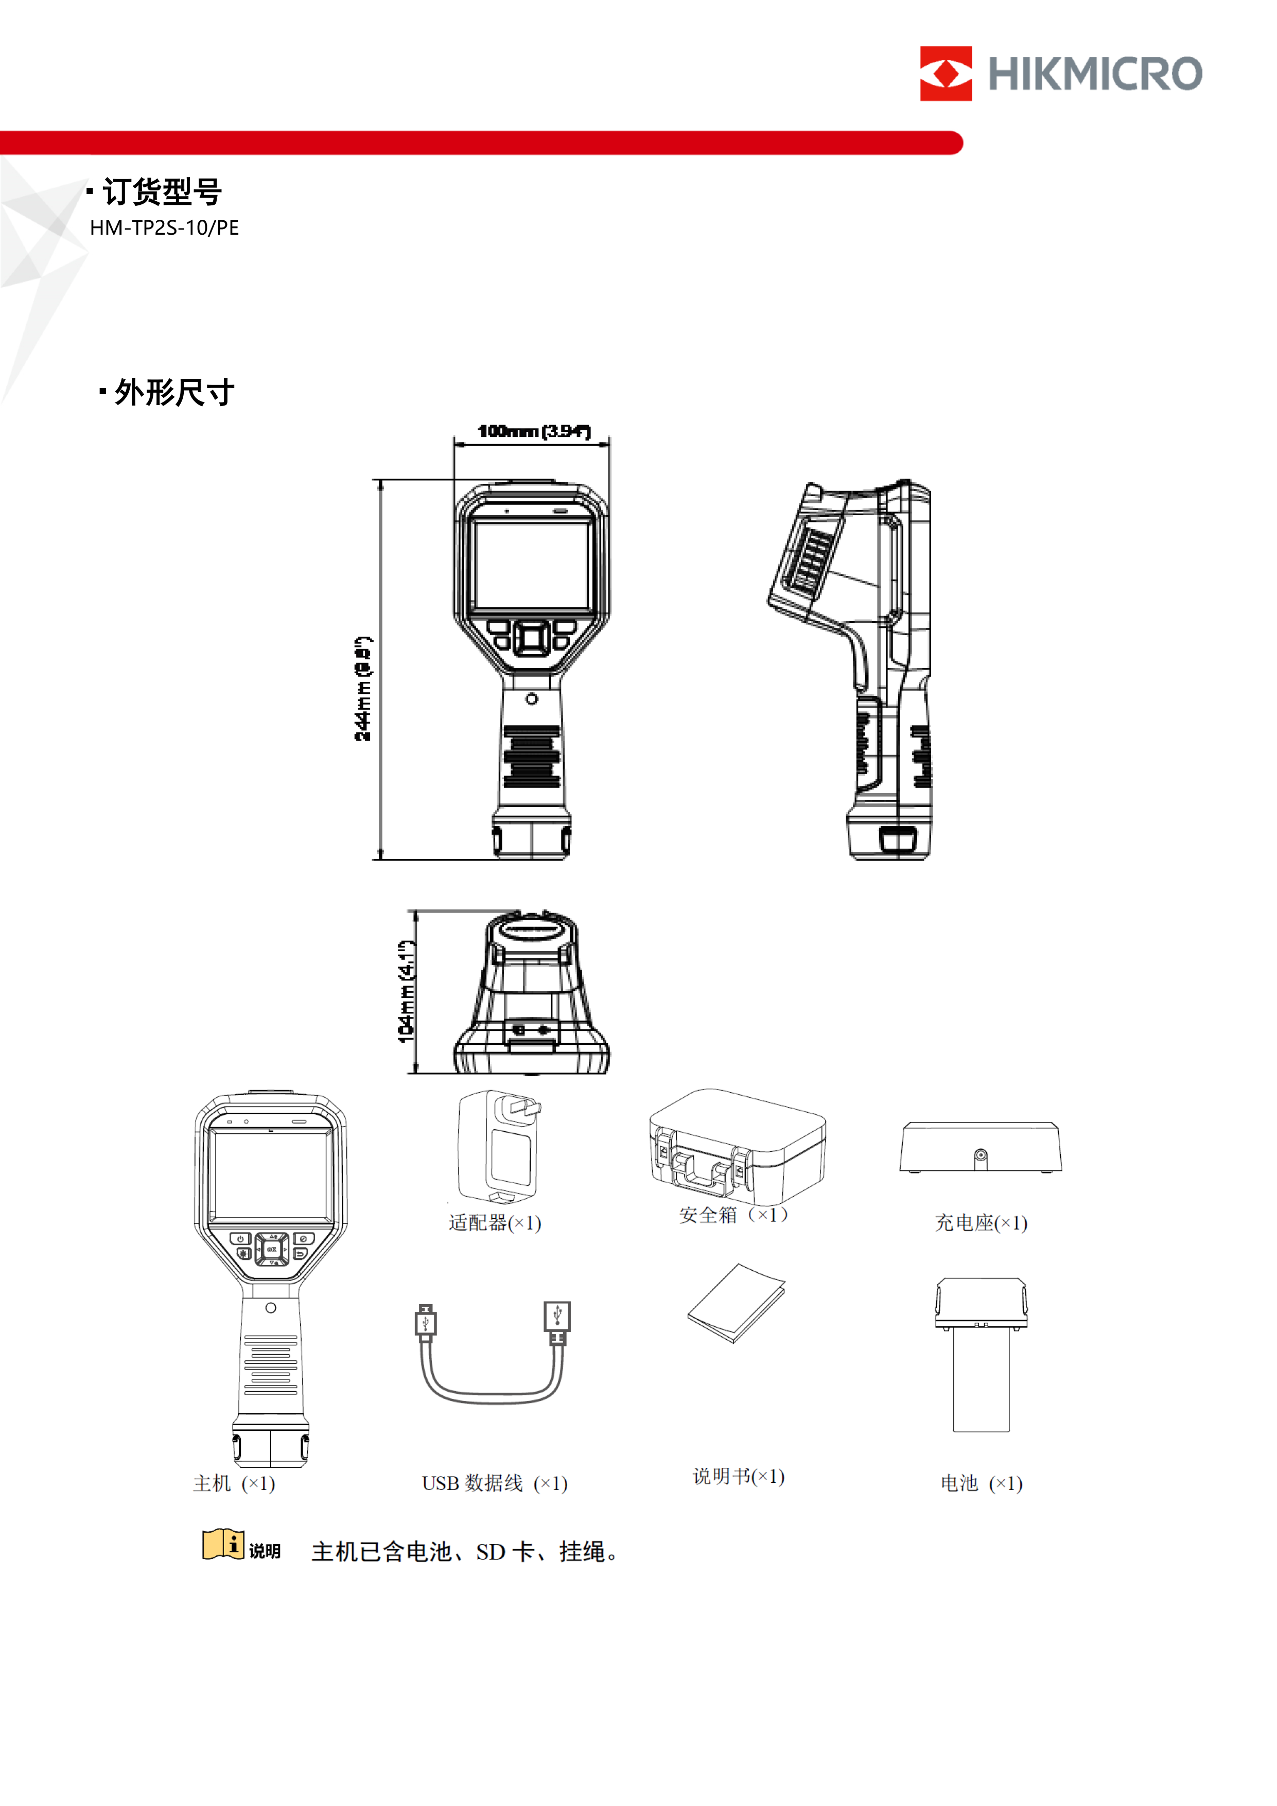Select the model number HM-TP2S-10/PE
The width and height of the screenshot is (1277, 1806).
164,228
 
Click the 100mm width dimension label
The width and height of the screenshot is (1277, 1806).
533,431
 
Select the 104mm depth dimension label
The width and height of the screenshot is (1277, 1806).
405,991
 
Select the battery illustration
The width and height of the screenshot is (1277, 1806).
981,1354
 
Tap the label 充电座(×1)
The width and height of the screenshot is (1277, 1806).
981,1222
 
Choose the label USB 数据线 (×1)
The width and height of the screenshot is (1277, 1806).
494,1483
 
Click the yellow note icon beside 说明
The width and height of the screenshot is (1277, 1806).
223,1544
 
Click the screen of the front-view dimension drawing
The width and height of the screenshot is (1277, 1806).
533,565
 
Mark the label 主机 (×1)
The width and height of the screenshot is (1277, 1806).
234,1483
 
